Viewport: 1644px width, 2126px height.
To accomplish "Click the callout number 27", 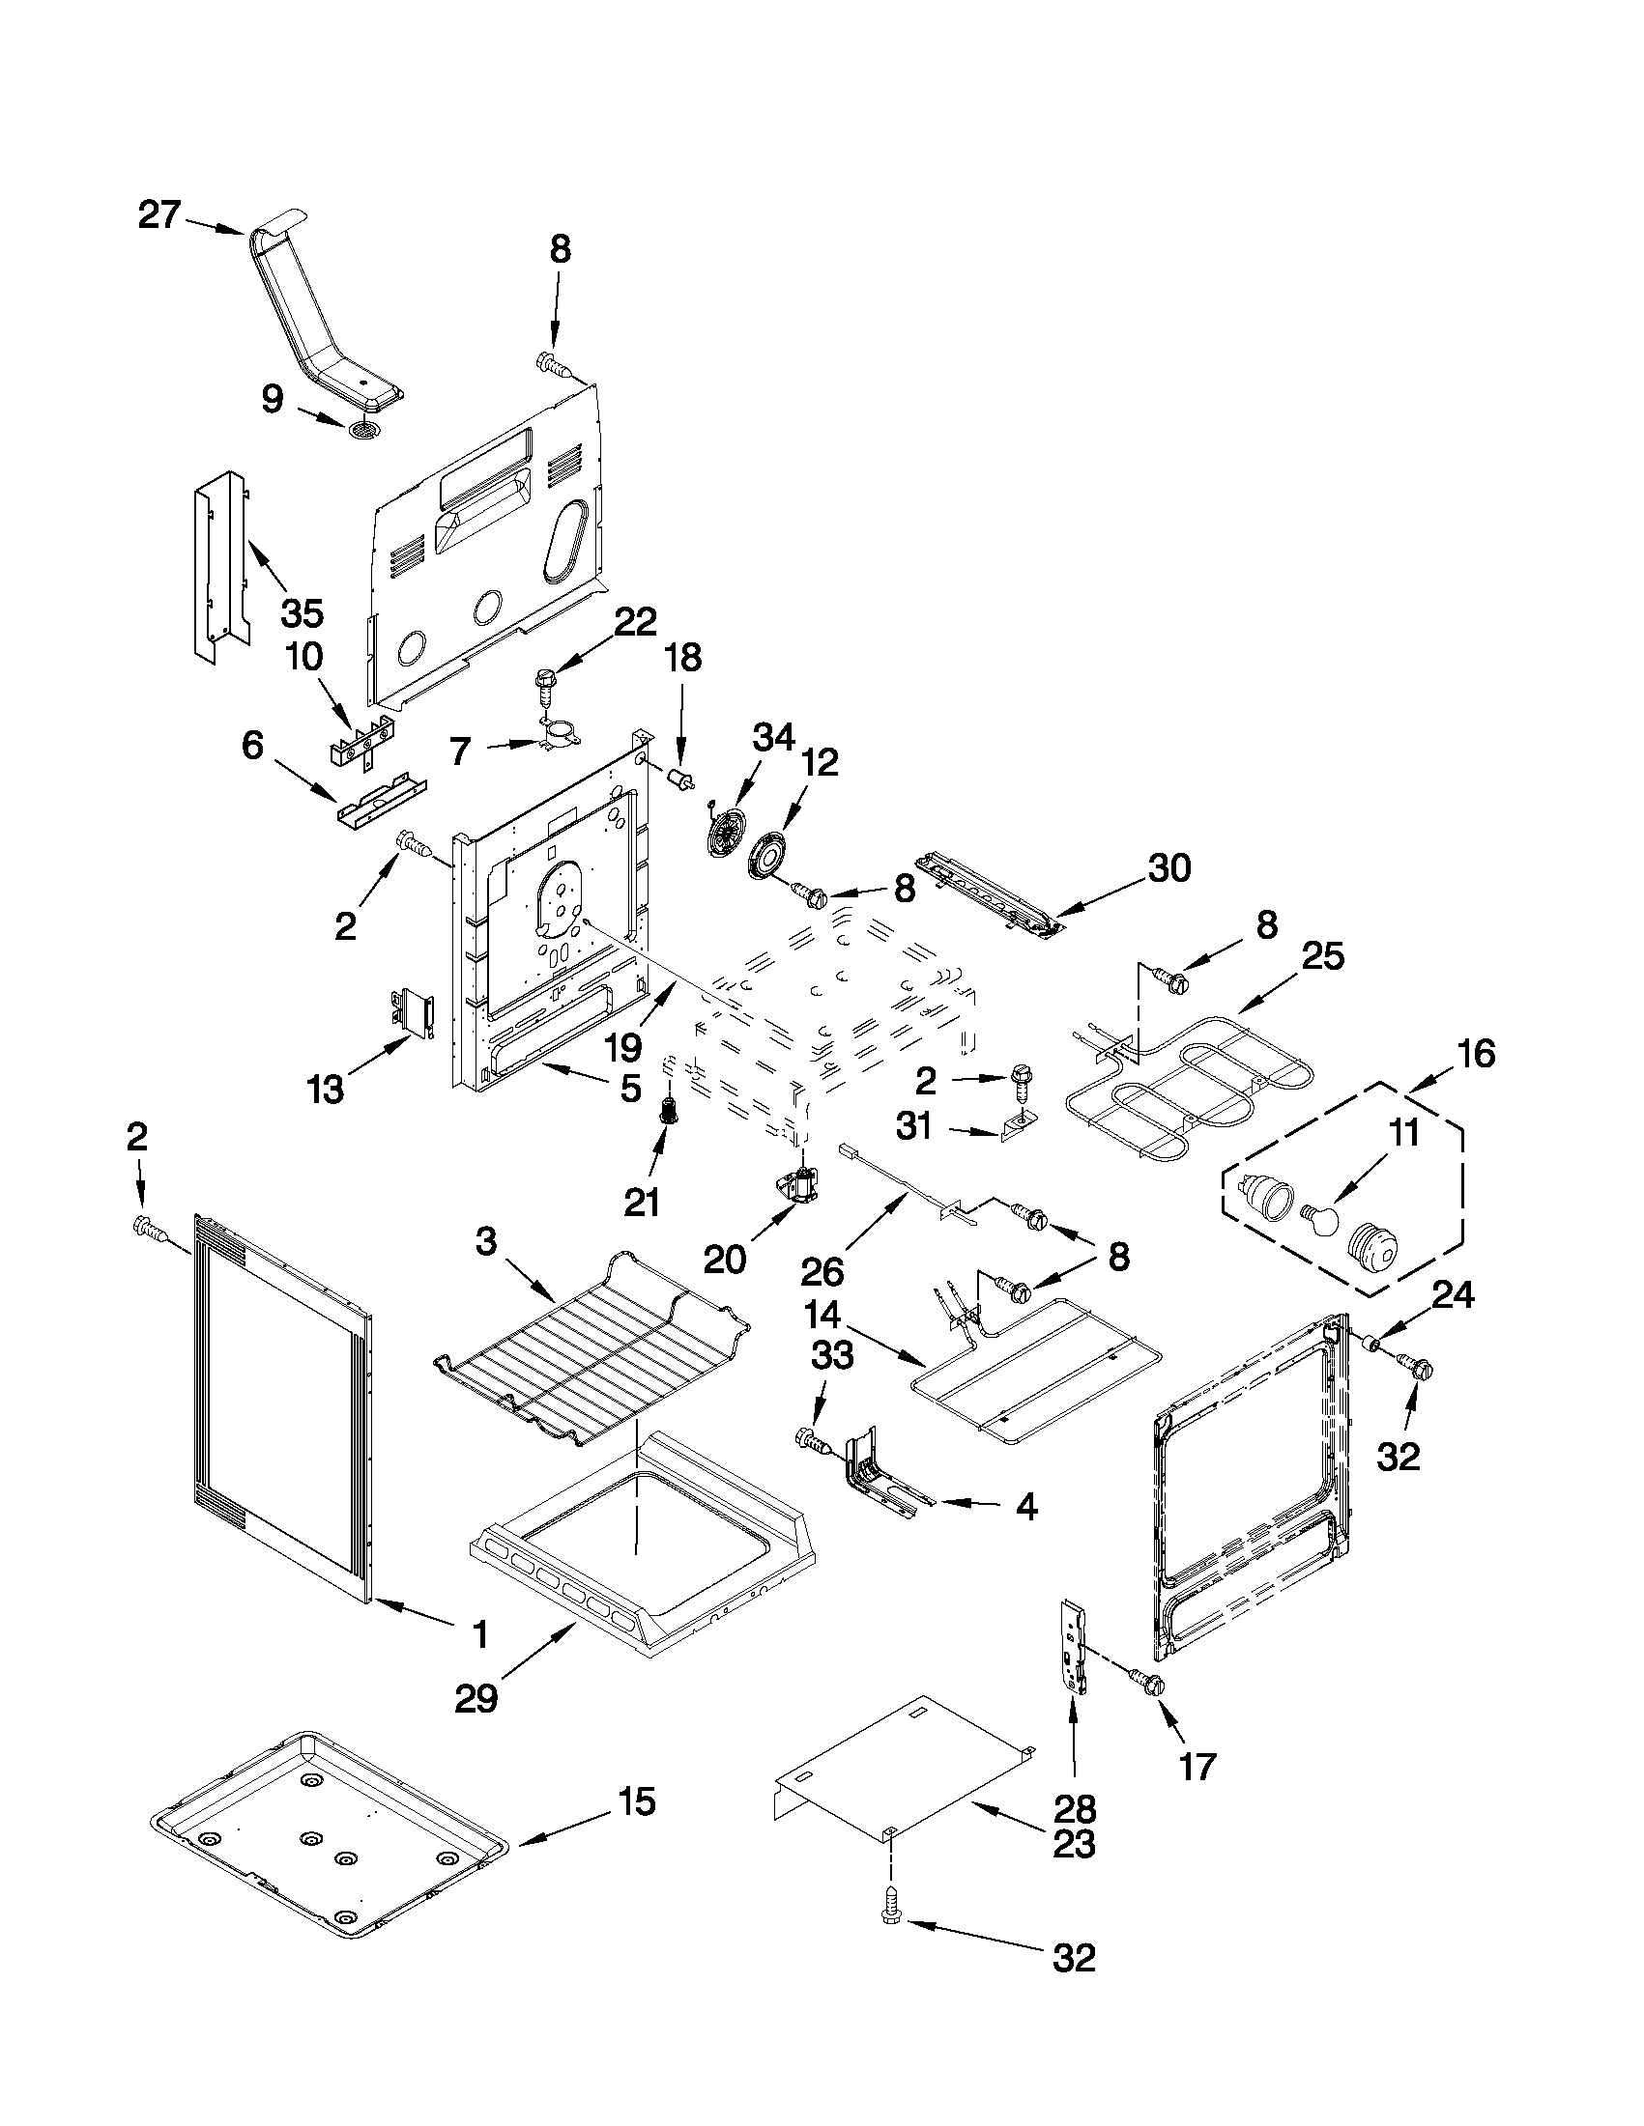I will (159, 214).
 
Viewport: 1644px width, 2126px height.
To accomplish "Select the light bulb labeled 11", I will (1320, 1221).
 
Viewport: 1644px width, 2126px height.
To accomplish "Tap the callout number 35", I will (301, 613).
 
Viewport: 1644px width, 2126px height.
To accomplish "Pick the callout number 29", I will (476, 1699).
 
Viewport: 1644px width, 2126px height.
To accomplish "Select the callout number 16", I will (1477, 1053).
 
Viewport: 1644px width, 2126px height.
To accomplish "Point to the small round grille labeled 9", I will (363, 431).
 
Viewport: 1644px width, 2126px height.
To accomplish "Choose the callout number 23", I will (1074, 1845).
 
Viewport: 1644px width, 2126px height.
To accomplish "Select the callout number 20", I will (725, 1259).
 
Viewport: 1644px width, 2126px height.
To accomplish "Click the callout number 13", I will (326, 1090).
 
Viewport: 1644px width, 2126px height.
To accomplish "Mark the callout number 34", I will (774, 738).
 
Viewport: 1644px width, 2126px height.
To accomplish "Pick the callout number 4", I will (1026, 1508).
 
